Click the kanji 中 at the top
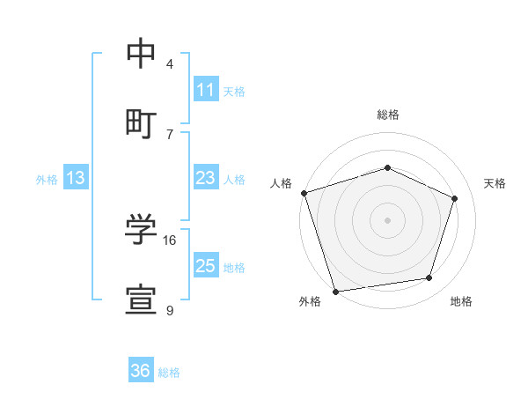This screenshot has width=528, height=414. [x=141, y=55]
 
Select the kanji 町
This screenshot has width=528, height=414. [x=141, y=122]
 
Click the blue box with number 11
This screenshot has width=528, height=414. [x=206, y=90]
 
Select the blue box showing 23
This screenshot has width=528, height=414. [x=206, y=178]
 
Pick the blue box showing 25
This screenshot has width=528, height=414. [x=206, y=266]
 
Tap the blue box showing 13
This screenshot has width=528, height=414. [x=76, y=178]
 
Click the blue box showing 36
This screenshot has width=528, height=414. [x=141, y=371]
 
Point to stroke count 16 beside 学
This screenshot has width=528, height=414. [x=170, y=240]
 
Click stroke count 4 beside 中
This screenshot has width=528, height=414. [x=170, y=64]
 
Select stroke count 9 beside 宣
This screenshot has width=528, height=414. [x=170, y=310]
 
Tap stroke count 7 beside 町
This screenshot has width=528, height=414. [x=170, y=134]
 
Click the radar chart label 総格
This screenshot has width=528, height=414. [x=388, y=115]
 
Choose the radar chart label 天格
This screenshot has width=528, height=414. [x=495, y=183]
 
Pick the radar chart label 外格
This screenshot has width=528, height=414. [x=310, y=301]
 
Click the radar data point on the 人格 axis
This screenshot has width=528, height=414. [x=304, y=193]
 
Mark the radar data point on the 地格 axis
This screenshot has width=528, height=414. [x=429, y=278]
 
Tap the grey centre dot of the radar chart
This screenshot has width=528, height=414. [x=387, y=220]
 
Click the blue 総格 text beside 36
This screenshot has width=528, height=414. [x=169, y=373]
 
